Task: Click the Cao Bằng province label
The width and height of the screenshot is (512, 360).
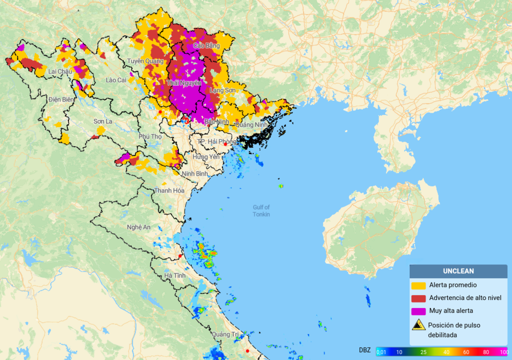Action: click(x=206, y=46)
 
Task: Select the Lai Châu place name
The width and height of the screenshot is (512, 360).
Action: click(x=60, y=71)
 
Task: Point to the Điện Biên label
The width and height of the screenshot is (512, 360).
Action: click(x=61, y=99)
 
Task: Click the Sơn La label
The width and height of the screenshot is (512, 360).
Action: click(x=102, y=121)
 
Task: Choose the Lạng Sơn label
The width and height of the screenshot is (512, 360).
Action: click(x=222, y=90)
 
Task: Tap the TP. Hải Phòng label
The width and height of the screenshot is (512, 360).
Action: click(x=216, y=142)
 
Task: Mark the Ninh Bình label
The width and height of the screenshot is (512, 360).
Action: click(x=194, y=173)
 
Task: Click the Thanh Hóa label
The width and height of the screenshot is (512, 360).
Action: click(x=169, y=190)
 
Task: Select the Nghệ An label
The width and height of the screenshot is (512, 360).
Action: click(x=138, y=227)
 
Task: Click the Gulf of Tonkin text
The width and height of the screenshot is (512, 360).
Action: click(x=261, y=210)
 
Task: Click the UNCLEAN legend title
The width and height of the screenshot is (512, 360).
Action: click(x=458, y=271)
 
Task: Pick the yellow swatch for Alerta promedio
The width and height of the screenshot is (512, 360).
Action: click(x=418, y=285)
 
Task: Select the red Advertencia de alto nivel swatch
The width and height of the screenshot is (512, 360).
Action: click(x=418, y=298)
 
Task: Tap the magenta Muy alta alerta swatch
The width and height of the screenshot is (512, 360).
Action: click(x=418, y=311)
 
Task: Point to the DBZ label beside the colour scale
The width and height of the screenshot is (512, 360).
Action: click(x=364, y=350)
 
